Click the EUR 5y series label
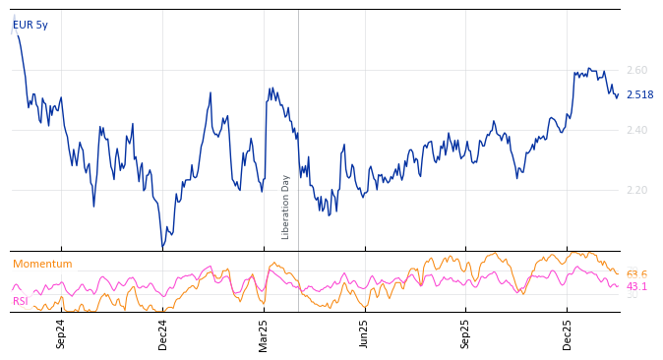30,26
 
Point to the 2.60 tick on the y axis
636,71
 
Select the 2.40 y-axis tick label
636,131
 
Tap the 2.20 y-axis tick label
636,190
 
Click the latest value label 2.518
639,95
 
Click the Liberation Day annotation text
286,207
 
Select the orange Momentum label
42,265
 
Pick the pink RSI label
21,302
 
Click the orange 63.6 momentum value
636,275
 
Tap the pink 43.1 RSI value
636,287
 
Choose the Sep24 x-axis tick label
61,333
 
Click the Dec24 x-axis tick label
163,333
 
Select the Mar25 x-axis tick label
264,333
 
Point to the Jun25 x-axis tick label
365,333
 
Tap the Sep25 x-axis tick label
466,333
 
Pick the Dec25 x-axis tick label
568,333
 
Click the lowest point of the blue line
163,247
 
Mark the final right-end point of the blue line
618,95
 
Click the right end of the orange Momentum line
619,273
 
